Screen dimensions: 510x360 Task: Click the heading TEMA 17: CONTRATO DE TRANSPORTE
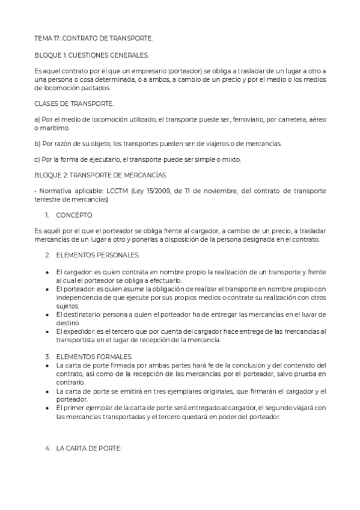94,38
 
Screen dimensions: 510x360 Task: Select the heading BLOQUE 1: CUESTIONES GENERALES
91,55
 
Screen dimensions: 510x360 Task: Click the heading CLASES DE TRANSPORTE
74,103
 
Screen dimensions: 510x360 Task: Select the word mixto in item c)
229,160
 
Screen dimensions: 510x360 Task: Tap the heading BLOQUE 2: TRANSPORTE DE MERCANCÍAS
100,176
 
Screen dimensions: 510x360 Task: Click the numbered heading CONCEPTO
75,214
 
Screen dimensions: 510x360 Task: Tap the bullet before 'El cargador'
47,272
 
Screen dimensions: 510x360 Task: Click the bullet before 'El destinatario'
47,314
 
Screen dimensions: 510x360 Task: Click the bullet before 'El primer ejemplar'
47,408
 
